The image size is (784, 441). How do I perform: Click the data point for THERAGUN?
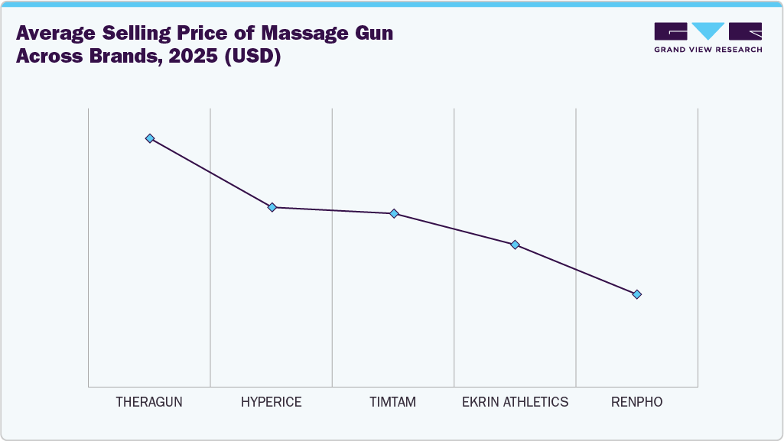click(x=150, y=138)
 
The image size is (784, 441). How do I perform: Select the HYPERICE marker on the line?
click(x=272, y=207)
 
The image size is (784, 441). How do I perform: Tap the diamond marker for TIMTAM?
click(x=394, y=213)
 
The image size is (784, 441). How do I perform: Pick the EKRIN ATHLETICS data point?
click(x=515, y=245)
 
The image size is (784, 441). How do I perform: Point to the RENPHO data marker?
click(x=636, y=294)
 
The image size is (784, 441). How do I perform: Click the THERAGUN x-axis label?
click(x=149, y=401)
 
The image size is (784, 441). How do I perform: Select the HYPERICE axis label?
click(x=271, y=401)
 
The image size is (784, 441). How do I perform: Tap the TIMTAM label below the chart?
click(x=392, y=401)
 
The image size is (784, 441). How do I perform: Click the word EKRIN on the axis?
click(x=480, y=401)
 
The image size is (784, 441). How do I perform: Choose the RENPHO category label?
click(x=636, y=401)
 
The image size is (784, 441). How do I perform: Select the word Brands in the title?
click(x=109, y=57)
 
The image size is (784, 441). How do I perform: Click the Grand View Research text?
click(x=708, y=50)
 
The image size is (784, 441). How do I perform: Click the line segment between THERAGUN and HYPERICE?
click(x=210, y=173)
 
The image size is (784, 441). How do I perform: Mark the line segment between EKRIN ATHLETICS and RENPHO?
click(x=575, y=269)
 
